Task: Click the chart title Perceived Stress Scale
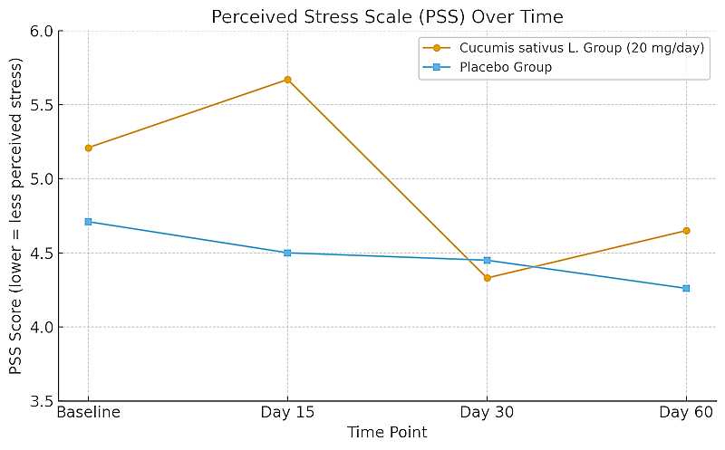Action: [387, 16]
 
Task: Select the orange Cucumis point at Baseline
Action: [88, 148]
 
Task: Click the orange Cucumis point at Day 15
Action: [287, 80]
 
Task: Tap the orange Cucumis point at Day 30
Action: [487, 278]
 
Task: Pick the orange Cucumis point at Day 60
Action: [686, 231]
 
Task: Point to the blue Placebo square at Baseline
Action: [88, 222]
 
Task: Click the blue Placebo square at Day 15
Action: [287, 253]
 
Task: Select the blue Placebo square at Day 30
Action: [487, 260]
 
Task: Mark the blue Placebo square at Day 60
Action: [686, 288]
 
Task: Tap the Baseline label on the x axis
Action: [88, 413]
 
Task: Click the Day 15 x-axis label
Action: [287, 413]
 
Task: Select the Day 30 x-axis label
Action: [487, 413]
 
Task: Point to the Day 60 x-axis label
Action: [686, 413]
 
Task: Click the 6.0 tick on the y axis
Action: [42, 32]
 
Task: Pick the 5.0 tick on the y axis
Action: [42, 179]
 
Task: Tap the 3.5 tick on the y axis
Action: [42, 401]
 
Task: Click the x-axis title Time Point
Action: [387, 433]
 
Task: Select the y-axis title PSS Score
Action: [16, 216]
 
